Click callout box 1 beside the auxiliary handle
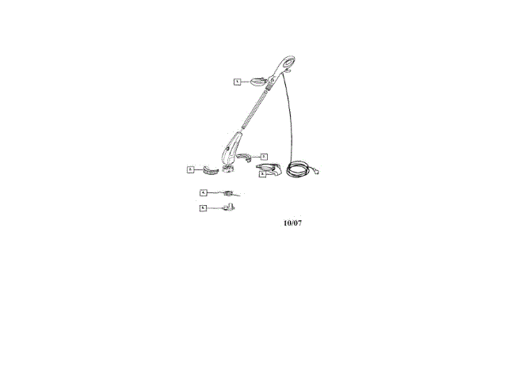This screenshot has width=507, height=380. click(236, 82)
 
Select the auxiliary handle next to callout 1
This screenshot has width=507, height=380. click(260, 81)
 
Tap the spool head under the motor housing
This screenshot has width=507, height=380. click(230, 168)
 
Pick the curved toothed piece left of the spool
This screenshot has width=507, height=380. click(210, 168)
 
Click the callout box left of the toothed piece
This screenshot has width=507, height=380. click(191, 169)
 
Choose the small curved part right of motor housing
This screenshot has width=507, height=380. click(249, 157)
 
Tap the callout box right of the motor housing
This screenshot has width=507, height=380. click(265, 157)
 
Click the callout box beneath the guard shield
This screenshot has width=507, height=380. click(262, 174)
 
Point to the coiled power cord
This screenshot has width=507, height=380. click(299, 169)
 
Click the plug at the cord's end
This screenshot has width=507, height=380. click(319, 169)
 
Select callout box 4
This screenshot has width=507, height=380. click(203, 192)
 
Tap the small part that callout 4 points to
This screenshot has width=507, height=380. click(229, 193)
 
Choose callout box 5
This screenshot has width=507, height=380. click(203, 207)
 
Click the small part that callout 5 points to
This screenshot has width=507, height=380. click(229, 207)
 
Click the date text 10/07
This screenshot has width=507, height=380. click(292, 222)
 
